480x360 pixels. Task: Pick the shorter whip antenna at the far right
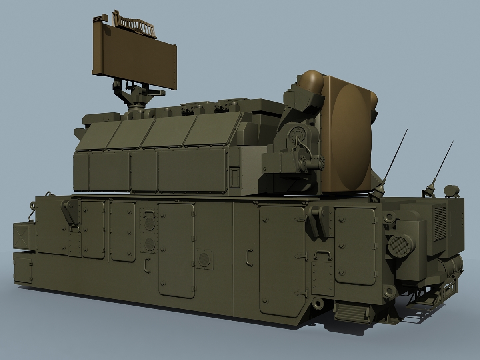[x=442, y=164]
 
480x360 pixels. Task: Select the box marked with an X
[x=22, y=236]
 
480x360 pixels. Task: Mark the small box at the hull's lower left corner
[x=23, y=270]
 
